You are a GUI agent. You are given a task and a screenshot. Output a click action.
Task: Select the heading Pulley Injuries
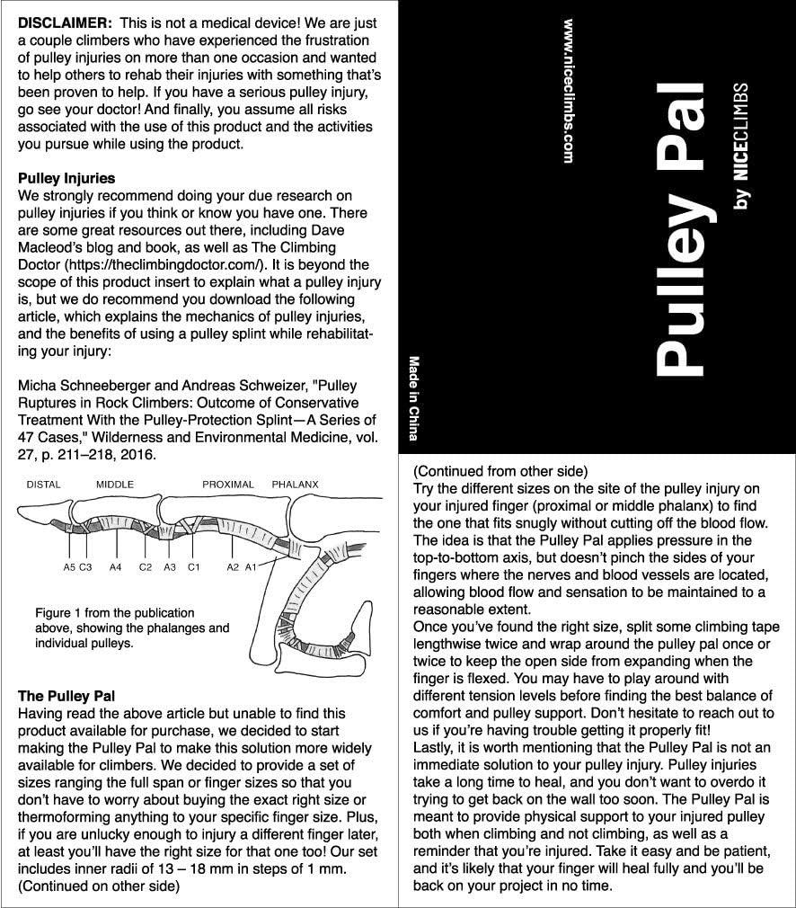(x=66, y=178)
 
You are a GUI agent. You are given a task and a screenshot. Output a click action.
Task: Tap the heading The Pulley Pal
(x=67, y=696)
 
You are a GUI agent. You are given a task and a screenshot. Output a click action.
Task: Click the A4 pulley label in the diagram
(x=115, y=567)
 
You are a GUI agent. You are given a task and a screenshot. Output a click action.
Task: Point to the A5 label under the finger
(x=69, y=567)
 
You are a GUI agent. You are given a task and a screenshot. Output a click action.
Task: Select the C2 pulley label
(x=146, y=567)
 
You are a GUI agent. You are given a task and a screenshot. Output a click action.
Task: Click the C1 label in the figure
(x=193, y=567)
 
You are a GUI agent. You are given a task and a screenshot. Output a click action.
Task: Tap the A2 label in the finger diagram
(x=232, y=567)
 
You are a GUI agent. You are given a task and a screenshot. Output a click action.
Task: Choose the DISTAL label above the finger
(x=43, y=485)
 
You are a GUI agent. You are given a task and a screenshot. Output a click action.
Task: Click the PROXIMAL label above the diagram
(x=227, y=485)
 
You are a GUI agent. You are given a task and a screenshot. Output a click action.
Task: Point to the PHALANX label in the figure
(x=295, y=485)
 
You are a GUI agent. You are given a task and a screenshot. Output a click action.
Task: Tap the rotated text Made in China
(x=414, y=398)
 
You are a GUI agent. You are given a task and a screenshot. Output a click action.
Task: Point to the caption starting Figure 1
(x=132, y=628)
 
